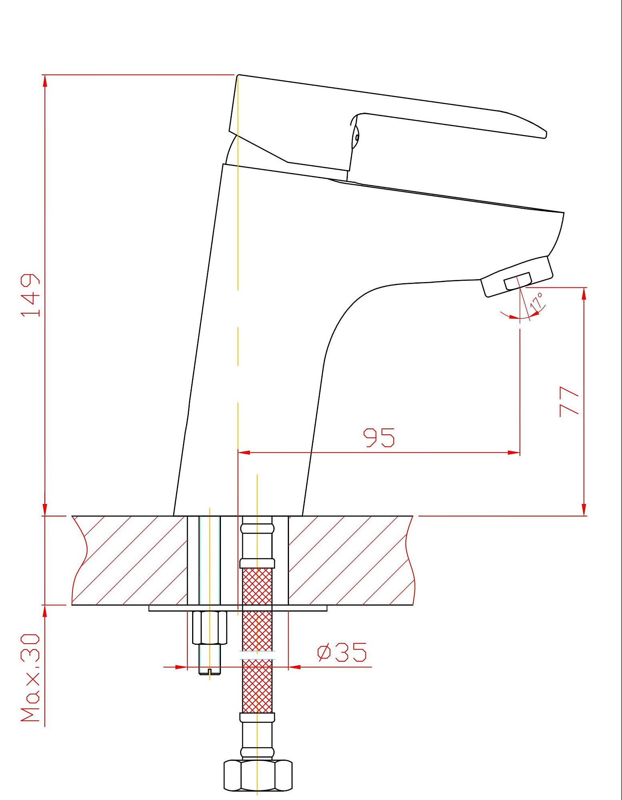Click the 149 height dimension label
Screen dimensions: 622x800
point(30,295)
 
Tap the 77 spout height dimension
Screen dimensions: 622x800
point(569,401)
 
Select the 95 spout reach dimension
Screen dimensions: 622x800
point(379,437)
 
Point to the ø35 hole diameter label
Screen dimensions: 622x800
point(342,652)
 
